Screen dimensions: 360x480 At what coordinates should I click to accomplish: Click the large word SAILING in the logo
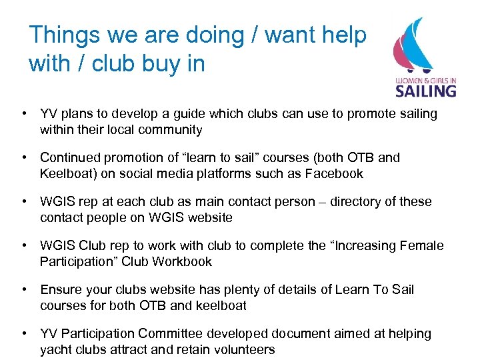(x=426, y=90)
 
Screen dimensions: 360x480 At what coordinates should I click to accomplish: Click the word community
(x=171, y=130)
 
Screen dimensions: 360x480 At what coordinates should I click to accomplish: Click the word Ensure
(x=60, y=290)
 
